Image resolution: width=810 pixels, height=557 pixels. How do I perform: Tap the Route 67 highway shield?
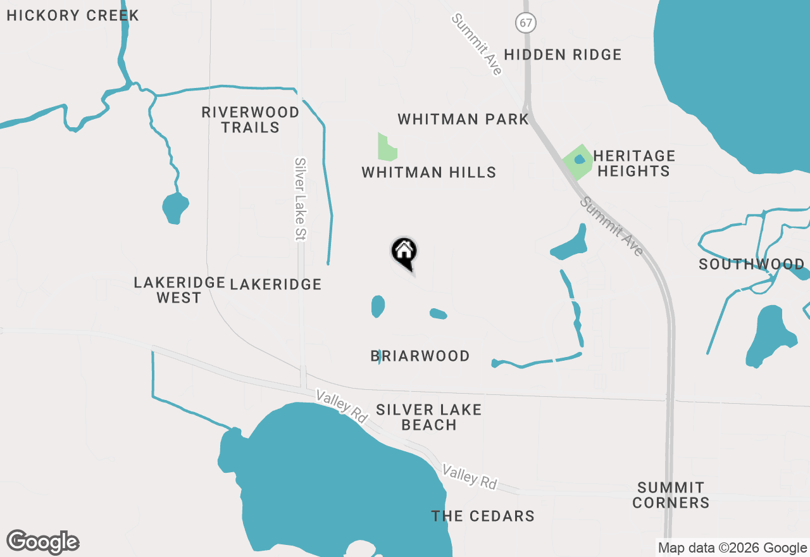pyautogui.click(x=525, y=23)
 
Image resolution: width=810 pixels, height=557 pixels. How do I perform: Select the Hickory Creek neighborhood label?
pyautogui.click(x=73, y=16)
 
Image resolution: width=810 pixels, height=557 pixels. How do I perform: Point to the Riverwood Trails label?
pyautogui.click(x=250, y=120)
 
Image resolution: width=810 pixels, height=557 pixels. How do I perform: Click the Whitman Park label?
pyautogui.click(x=463, y=119)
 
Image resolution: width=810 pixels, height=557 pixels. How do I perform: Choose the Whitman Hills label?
pyautogui.click(x=428, y=172)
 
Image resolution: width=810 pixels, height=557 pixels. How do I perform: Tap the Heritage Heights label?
pyautogui.click(x=633, y=163)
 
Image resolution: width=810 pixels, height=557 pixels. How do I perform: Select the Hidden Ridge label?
pyautogui.click(x=563, y=54)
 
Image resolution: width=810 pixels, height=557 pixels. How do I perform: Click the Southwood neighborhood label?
pyautogui.click(x=751, y=264)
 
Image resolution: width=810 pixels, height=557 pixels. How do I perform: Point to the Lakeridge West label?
pyautogui.click(x=179, y=290)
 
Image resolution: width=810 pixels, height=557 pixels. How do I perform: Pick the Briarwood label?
pyautogui.click(x=420, y=356)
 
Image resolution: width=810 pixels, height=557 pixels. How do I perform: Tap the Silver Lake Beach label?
pyautogui.click(x=428, y=417)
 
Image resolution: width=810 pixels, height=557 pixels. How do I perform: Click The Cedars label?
pyautogui.click(x=483, y=516)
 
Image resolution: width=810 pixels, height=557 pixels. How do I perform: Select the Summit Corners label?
pyautogui.click(x=671, y=495)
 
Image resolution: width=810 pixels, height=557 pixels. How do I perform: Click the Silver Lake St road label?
pyautogui.click(x=300, y=199)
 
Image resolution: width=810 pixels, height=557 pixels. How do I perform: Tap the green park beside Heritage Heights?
pyautogui.click(x=576, y=161)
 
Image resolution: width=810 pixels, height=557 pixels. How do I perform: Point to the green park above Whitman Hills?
pyautogui.click(x=385, y=148)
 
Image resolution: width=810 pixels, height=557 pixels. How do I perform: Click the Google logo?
pyautogui.click(x=43, y=542)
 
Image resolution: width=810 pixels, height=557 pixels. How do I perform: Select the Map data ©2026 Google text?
pyautogui.click(x=732, y=548)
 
